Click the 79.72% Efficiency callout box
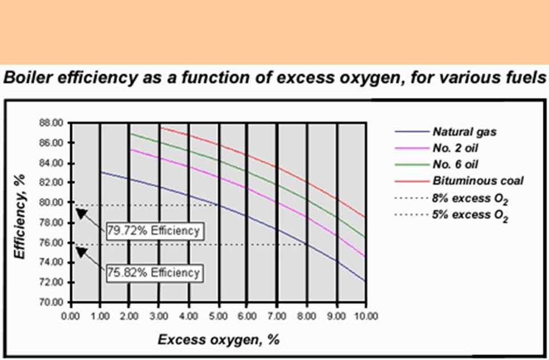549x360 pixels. [153, 231]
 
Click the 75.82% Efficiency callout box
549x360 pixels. [153, 272]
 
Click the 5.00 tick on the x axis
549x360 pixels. [218, 315]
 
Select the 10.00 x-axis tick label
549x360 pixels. [365, 315]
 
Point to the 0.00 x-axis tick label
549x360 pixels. [70, 315]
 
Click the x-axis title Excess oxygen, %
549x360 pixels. [218, 340]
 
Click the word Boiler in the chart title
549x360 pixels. [23, 78]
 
